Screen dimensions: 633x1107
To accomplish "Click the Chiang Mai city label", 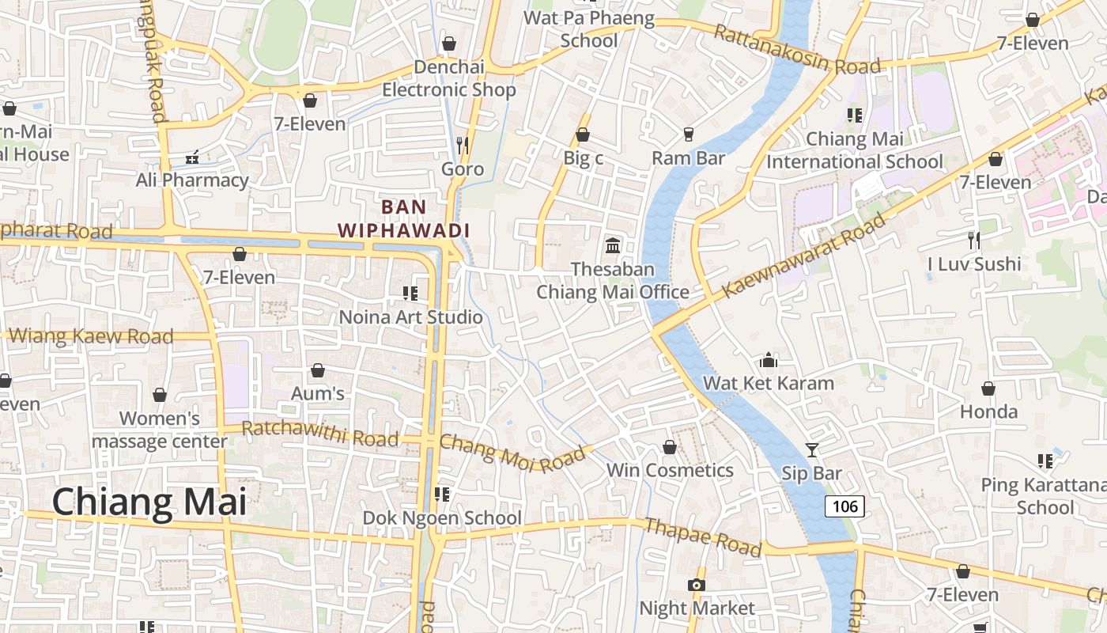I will tap(149, 502).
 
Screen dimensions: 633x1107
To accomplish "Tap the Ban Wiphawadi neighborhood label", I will tap(404, 218).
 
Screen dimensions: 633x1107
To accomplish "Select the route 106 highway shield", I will tap(844, 506).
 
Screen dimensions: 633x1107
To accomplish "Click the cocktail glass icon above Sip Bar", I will tap(811, 450).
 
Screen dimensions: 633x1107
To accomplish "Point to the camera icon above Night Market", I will tap(696, 586).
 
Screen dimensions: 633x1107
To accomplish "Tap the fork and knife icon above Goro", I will tap(463, 146).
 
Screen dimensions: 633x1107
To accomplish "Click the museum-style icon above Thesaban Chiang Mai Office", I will tap(613, 246).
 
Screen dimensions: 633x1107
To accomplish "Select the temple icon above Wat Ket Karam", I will tap(769, 361).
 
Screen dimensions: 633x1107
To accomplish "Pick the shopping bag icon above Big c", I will tap(583, 135).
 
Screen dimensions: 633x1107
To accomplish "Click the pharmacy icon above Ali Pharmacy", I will tap(192, 157).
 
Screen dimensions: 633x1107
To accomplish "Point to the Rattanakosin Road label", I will tap(796, 50).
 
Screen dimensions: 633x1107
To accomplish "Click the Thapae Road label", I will tap(703, 537).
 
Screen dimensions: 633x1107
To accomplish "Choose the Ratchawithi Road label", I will tap(319, 434).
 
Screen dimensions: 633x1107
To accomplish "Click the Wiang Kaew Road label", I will tap(90, 336).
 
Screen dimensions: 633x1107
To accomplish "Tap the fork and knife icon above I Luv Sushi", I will tap(974, 241).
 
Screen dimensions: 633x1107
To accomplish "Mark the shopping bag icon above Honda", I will tap(988, 389).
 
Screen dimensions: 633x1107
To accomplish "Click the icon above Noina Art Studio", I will tap(410, 294).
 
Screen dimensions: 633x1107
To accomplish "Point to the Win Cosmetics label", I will tap(670, 470).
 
